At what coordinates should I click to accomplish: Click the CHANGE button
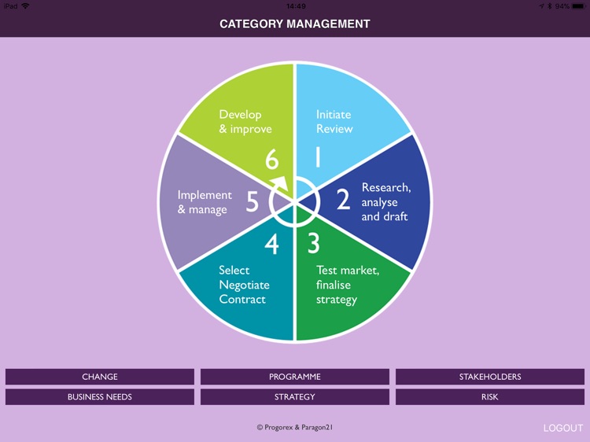[100, 377]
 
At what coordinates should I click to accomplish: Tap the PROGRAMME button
[295, 377]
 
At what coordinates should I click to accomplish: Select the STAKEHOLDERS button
[490, 377]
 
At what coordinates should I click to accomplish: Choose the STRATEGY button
[295, 397]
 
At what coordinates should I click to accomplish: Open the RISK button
[490, 397]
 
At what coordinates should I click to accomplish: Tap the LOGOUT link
[563, 428]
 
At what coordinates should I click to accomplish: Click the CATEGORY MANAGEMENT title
[295, 24]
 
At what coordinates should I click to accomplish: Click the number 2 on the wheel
[343, 201]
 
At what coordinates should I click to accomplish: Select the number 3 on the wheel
[313, 244]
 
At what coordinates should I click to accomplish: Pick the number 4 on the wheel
[271, 245]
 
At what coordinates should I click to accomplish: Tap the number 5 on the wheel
[252, 202]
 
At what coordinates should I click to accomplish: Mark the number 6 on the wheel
[271, 160]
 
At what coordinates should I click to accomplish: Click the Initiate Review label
[334, 122]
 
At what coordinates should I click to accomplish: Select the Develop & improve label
[245, 122]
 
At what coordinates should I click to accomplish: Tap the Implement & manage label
[205, 202]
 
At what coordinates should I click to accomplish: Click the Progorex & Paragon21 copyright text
[295, 427]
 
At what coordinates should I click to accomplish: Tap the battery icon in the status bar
[577, 6]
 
